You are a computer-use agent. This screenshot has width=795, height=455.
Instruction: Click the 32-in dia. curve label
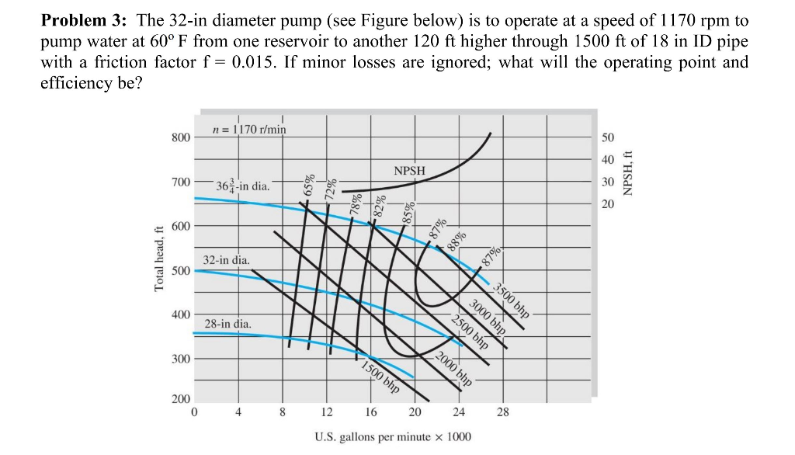pos(226,260)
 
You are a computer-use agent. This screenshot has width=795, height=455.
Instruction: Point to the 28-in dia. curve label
pos(227,323)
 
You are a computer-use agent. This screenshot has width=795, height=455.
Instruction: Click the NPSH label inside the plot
pos(409,171)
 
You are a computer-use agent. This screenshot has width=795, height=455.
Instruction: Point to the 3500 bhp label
pos(512,301)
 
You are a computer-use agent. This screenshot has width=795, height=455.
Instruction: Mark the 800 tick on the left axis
pos(180,137)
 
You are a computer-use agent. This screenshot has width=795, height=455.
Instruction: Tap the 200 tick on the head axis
pos(180,398)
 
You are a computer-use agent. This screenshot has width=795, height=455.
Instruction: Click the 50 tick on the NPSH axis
pos(607,137)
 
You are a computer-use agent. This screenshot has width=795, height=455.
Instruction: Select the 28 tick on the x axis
pos(503,412)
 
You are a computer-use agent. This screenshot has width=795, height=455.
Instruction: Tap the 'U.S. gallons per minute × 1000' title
pos(392,436)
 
